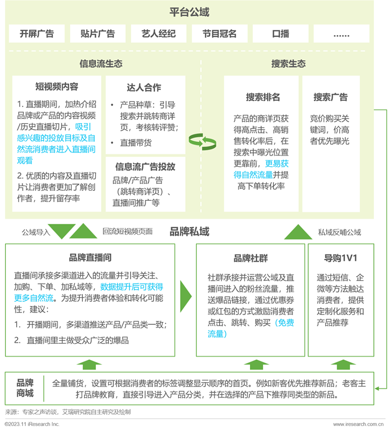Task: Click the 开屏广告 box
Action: [x=37, y=33]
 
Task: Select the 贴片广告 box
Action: [x=98, y=33]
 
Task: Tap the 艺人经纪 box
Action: [x=159, y=33]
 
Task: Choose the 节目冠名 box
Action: [x=220, y=33]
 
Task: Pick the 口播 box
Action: [x=280, y=33]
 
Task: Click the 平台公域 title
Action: [x=189, y=12]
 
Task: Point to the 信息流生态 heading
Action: [x=101, y=64]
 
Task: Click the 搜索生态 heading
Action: [x=289, y=64]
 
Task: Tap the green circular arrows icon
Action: [x=202, y=142]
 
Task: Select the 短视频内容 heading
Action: [x=57, y=87]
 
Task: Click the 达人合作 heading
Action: [x=144, y=88]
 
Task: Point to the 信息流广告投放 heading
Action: [x=146, y=166]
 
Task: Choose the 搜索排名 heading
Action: [x=263, y=97]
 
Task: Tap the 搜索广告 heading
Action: [x=331, y=97]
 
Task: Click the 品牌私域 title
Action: [x=190, y=231]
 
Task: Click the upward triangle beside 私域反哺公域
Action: [x=298, y=232]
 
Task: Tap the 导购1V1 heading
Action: [x=341, y=258]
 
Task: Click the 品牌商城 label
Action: [x=25, y=388]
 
